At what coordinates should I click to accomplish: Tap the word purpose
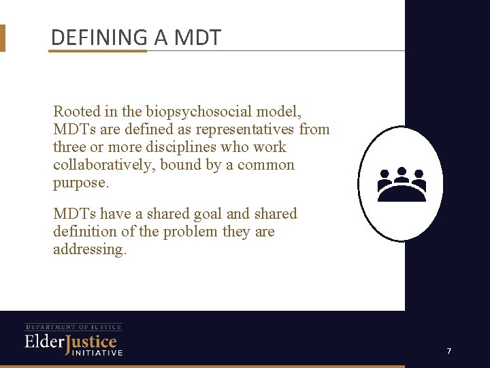79,183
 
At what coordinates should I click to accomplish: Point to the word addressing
90,249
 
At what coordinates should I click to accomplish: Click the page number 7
449,351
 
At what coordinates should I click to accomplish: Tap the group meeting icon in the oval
402,185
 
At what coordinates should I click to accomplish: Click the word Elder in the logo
44,341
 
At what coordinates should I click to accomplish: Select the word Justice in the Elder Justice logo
91,343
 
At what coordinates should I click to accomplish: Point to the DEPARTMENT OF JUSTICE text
73,327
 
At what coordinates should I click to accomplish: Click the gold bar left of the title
2,38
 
